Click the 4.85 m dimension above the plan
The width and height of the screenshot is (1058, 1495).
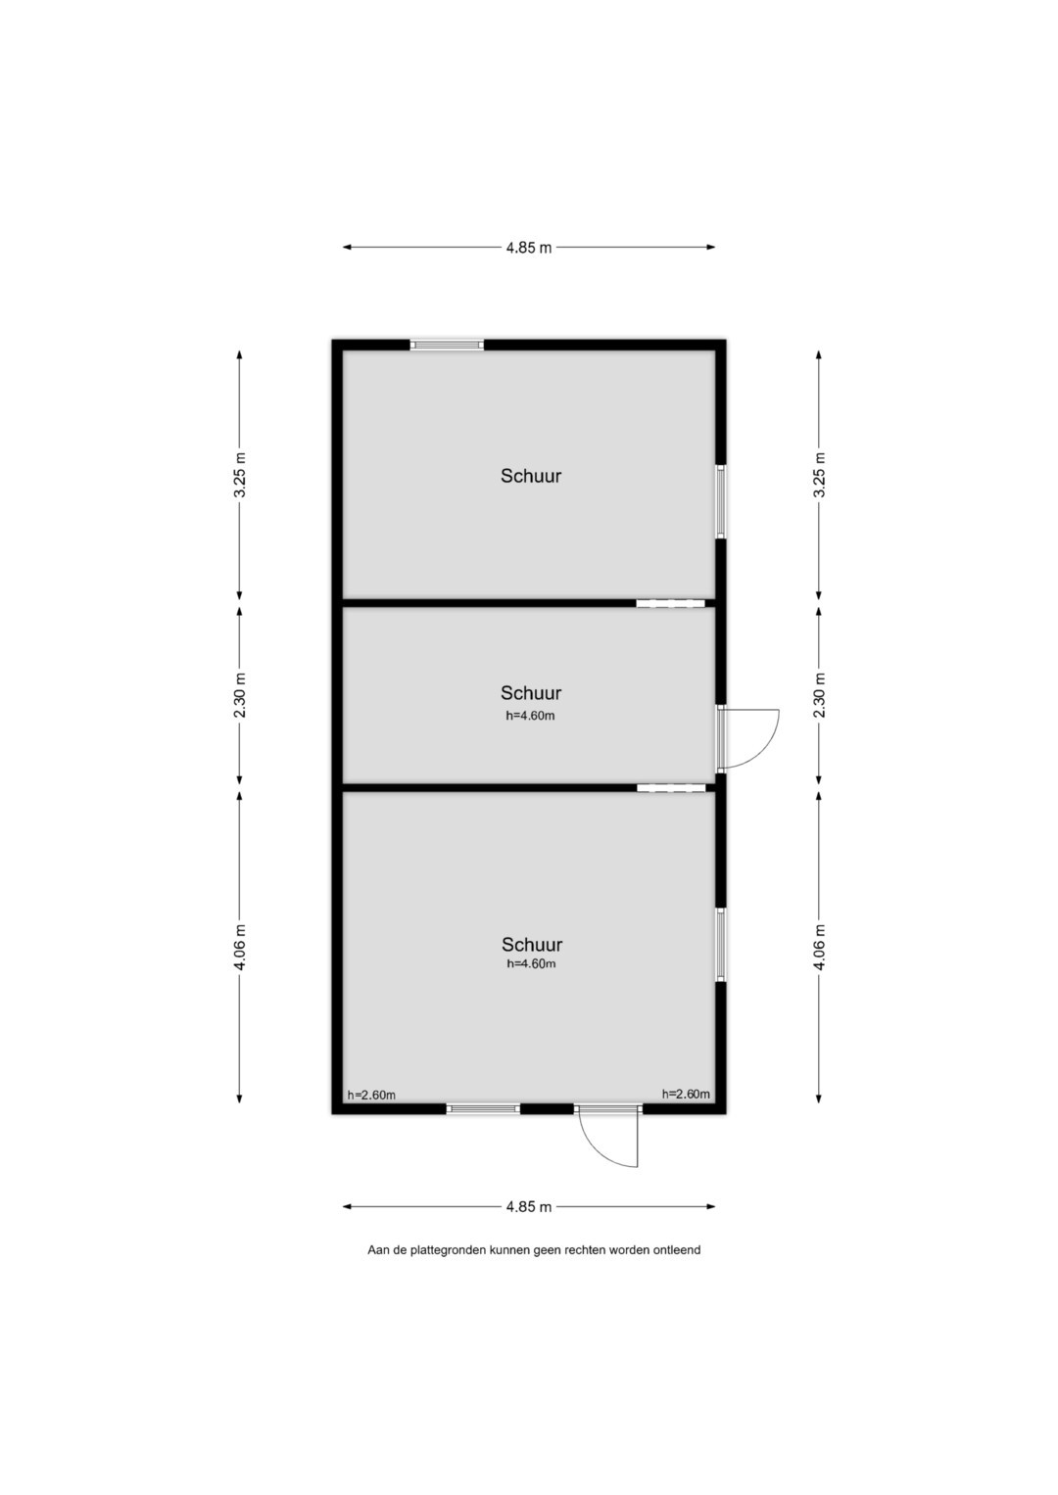point(529,247)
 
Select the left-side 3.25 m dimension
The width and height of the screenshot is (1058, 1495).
point(240,475)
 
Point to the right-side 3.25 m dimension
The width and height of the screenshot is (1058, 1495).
point(819,475)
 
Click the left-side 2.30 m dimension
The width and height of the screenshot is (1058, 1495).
point(240,695)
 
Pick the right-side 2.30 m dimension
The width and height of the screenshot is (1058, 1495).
point(819,695)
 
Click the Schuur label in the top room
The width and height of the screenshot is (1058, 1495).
point(531,476)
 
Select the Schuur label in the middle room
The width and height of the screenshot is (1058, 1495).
point(531,693)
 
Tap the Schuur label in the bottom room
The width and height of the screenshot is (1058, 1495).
point(532,945)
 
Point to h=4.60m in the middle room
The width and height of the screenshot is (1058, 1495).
point(530,716)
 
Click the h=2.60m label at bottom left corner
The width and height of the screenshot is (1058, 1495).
point(371,1096)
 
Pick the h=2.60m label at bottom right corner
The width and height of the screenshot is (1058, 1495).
point(686,1094)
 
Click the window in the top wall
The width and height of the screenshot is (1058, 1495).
point(447,345)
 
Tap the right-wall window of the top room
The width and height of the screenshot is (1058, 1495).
point(721,501)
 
